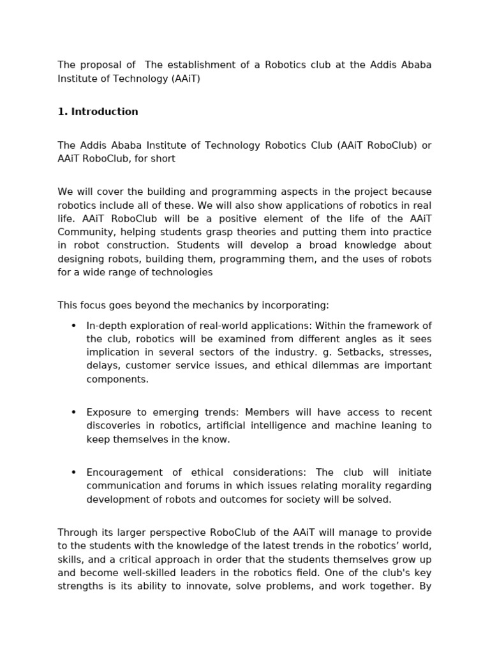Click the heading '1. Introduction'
pos(98,112)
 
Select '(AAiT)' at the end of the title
pos(184,79)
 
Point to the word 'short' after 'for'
pos(163,159)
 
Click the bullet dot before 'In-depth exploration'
pos(73,326)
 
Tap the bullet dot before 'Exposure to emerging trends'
pos(73,413)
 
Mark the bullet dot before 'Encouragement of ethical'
pos(73,473)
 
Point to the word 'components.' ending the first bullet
pos(117,379)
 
